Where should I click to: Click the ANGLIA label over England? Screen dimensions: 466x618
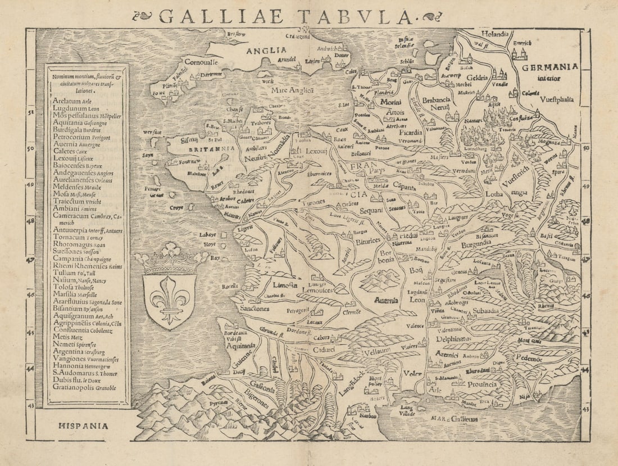266,51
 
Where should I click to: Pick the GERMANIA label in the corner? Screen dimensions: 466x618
549,66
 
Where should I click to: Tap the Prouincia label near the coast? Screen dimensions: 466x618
481,384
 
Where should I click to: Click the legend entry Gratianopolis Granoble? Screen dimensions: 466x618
84,388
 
